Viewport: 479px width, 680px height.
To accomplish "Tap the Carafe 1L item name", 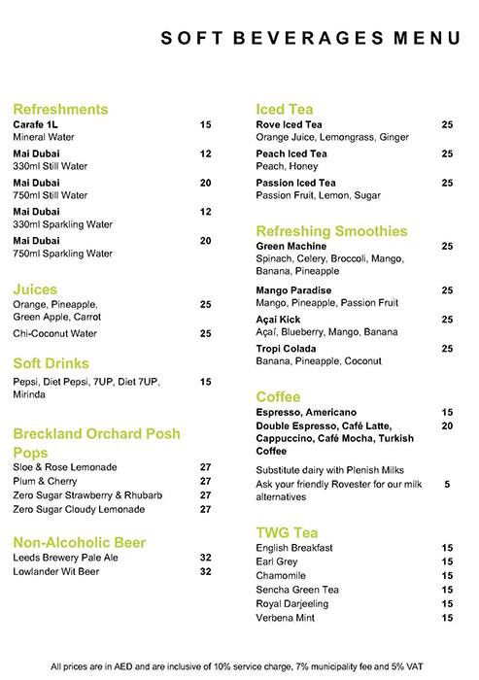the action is pyautogui.click(x=36, y=125).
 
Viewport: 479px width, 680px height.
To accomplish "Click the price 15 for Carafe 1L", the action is pyautogui.click(x=205, y=125).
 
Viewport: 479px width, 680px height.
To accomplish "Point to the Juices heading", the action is pyautogui.click(x=35, y=289).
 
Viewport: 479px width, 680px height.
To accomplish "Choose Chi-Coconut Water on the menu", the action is pyautogui.click(x=54, y=333).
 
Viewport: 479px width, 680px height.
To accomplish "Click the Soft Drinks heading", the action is pyautogui.click(x=52, y=363).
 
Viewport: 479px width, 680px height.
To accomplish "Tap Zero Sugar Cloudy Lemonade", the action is pyautogui.click(x=79, y=509).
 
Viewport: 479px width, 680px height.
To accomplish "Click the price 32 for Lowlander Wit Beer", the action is pyautogui.click(x=205, y=572).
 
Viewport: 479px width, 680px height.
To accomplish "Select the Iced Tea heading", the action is pyautogui.click(x=284, y=109).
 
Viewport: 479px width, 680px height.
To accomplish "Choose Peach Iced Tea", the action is pyautogui.click(x=291, y=153).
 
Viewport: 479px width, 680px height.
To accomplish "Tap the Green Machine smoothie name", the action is pyautogui.click(x=291, y=247).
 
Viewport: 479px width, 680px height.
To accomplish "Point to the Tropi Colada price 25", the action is pyautogui.click(x=447, y=348).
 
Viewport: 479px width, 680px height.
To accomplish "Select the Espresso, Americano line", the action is pyautogui.click(x=306, y=412).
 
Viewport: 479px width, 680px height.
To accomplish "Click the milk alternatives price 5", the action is pyautogui.click(x=447, y=483).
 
